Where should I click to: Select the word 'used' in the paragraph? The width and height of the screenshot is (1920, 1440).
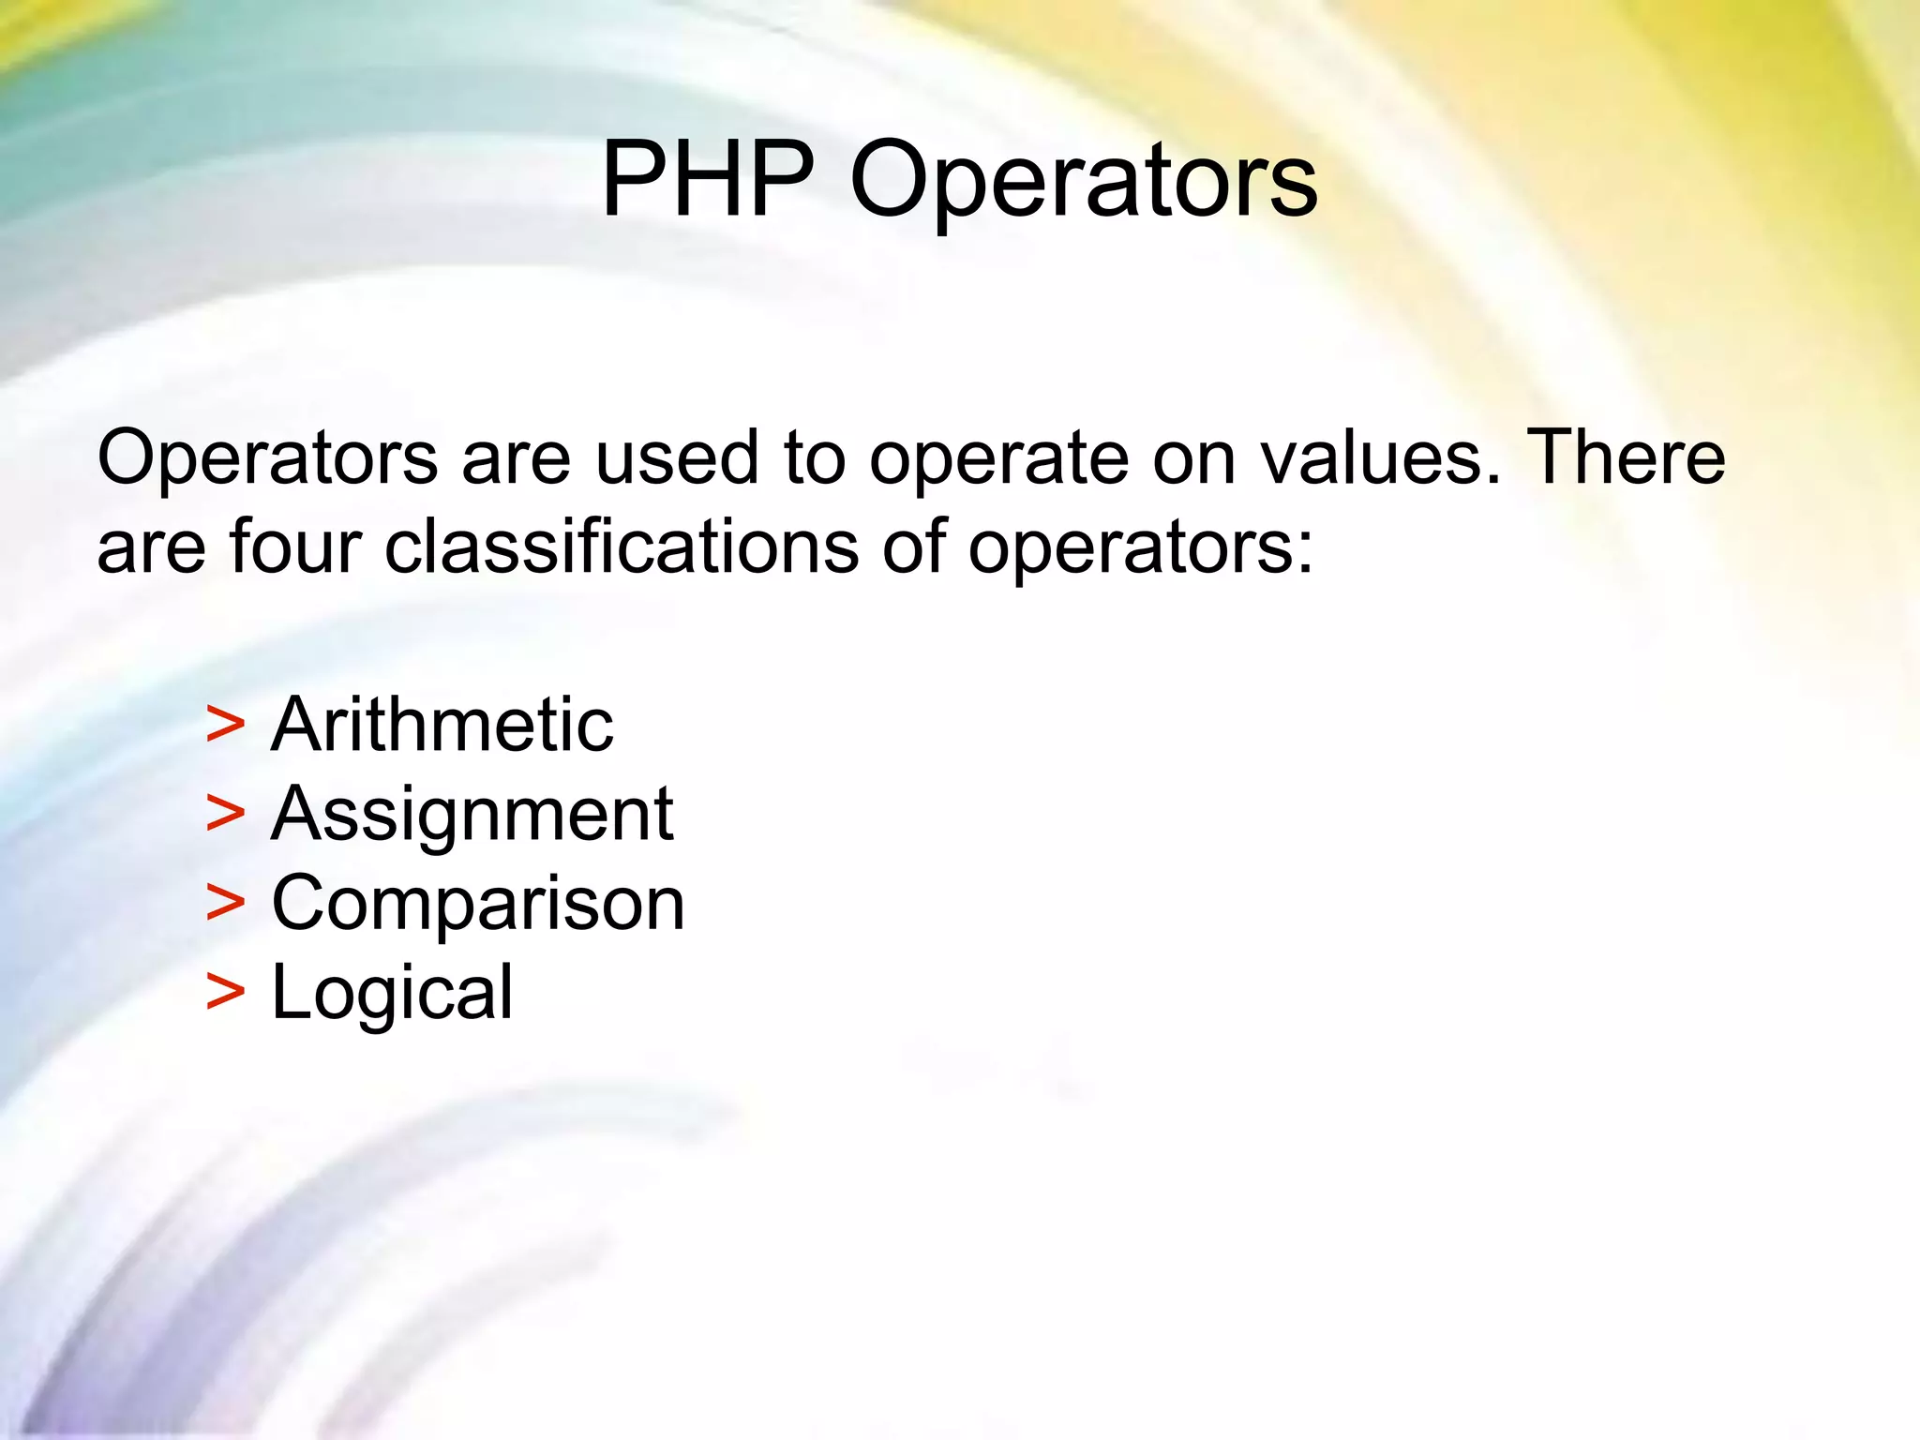(x=676, y=458)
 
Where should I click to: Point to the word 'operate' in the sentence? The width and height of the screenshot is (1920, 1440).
(x=997, y=461)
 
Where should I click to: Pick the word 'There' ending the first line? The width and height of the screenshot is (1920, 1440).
(x=1626, y=457)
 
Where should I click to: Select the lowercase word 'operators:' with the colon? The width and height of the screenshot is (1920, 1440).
(x=1141, y=550)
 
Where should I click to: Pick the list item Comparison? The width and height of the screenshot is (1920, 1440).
(x=478, y=905)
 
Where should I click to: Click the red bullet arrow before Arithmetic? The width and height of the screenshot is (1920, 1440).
(x=225, y=725)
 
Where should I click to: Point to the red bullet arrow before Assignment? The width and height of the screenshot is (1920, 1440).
(x=225, y=813)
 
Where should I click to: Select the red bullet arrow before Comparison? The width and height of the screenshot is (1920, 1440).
(x=225, y=903)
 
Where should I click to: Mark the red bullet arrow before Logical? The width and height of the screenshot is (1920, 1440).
(x=225, y=992)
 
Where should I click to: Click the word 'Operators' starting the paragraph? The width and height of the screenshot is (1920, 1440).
(x=267, y=459)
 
